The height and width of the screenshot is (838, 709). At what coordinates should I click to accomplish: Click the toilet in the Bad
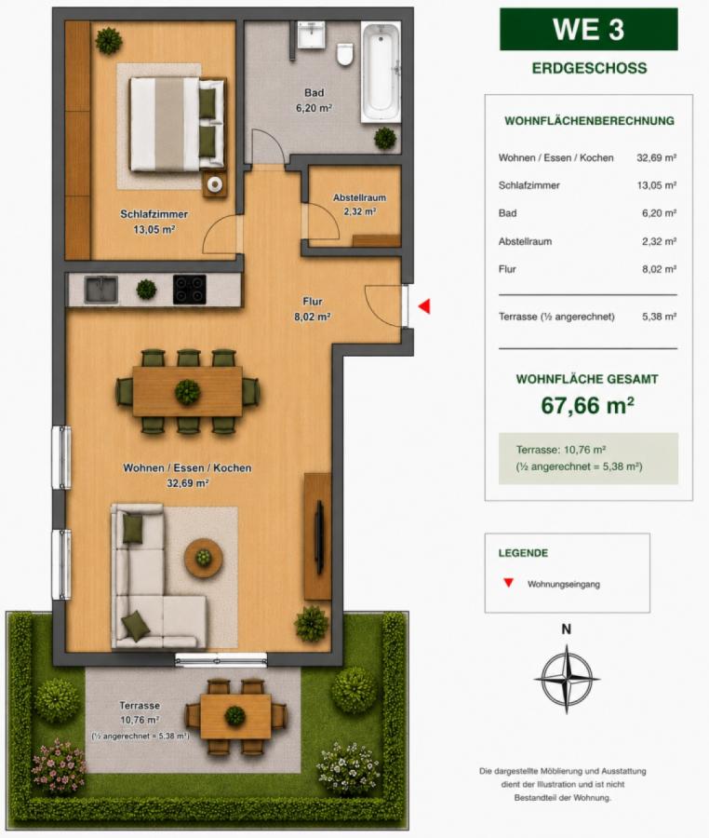pos(345,54)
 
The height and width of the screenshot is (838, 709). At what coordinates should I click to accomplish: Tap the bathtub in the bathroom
pos(381,72)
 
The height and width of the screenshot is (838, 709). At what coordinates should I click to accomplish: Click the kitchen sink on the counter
pos(100,290)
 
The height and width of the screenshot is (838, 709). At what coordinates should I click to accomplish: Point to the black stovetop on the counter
pos(190,290)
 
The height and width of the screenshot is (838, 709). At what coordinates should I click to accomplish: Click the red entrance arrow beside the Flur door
pos(424,306)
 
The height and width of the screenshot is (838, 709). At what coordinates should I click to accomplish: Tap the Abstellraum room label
pos(359,197)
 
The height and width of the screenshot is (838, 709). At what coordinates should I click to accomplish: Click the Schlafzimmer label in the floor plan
pos(154,214)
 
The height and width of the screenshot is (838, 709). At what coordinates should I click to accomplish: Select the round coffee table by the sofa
pos(204,558)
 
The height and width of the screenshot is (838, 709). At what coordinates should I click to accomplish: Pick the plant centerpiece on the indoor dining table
pos(187,392)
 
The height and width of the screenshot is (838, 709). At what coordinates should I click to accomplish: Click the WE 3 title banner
pos(588,30)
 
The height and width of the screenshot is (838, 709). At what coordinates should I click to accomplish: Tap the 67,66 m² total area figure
pos(587,405)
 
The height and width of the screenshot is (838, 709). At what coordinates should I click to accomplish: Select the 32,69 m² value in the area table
pos(656,157)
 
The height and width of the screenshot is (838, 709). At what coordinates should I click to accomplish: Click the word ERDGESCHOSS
pos(589,68)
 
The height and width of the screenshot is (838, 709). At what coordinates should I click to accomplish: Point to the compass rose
pos(567,679)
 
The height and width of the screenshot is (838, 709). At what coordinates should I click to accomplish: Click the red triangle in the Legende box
pos(508,583)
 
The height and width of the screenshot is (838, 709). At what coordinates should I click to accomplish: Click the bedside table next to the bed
pos(215,184)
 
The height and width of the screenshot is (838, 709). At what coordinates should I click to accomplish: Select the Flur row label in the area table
pos(507,269)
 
